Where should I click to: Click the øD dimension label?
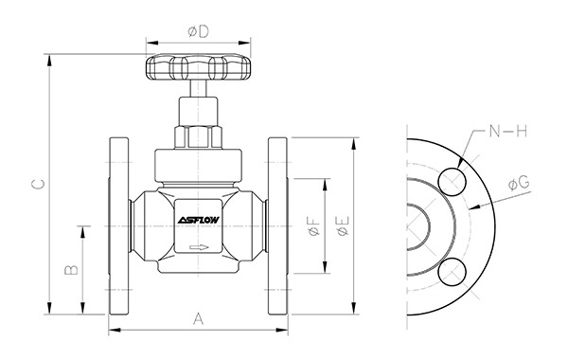click(x=199, y=31)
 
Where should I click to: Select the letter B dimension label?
click(x=71, y=270)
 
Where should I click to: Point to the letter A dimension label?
click(x=198, y=318)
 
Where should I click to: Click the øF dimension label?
click(x=314, y=225)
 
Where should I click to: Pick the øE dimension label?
click(x=343, y=226)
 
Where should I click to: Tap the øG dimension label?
click(x=519, y=183)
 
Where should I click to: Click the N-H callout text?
click(x=507, y=131)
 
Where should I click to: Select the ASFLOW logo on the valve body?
click(x=199, y=220)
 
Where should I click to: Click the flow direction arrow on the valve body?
click(x=199, y=247)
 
